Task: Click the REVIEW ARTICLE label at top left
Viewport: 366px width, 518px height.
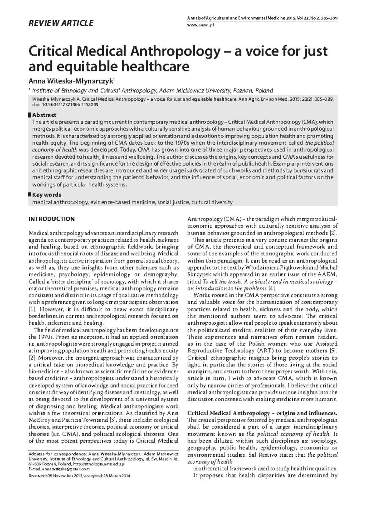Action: click(61, 23)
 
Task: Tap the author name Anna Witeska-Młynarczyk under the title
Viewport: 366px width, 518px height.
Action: click(71, 81)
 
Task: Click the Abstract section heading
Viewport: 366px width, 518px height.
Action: click(44, 115)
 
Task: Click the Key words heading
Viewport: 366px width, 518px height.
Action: click(46, 195)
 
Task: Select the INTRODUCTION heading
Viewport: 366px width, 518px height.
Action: click(52, 219)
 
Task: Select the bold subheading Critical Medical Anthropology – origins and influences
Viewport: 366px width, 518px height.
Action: click(262, 413)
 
